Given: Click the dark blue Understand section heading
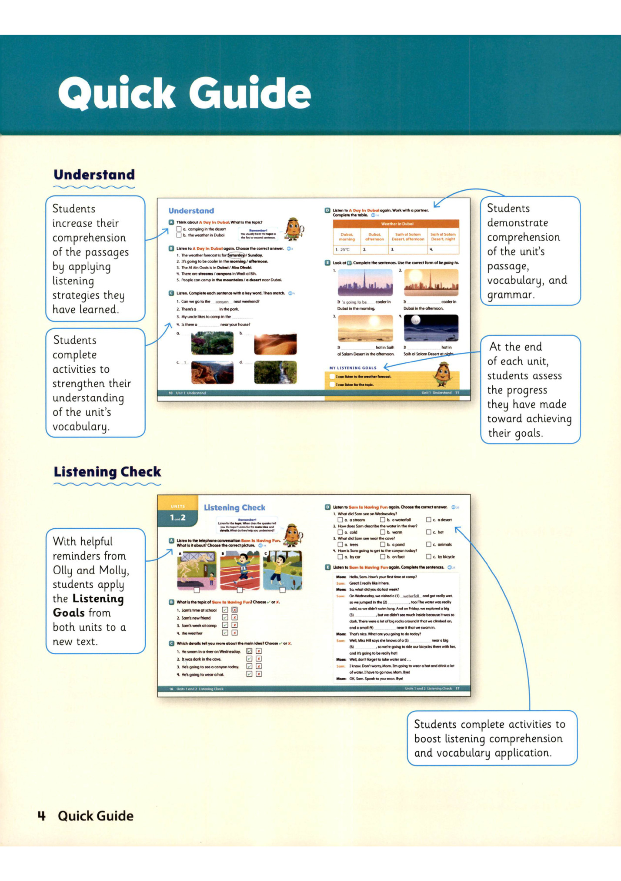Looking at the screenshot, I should [94, 175].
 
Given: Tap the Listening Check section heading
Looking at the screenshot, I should [107, 472].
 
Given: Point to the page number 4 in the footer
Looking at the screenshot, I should [42, 816].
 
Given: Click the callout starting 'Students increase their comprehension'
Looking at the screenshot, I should [95, 258].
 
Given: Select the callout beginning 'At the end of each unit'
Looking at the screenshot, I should [530, 389].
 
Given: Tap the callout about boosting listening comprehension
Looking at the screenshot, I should [492, 738].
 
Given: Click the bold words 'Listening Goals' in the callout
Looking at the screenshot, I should [88, 606].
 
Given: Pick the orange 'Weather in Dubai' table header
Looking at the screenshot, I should [396, 224].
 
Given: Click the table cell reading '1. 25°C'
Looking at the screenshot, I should [346, 250].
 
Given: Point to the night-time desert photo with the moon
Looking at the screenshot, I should [431, 328].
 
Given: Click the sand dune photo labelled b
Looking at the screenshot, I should [275, 344].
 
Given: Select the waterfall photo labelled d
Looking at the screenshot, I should [275, 372].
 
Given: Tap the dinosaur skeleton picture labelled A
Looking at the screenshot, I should [197, 570].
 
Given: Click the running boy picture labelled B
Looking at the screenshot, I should [240, 570].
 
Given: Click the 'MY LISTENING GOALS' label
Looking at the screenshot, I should [353, 368].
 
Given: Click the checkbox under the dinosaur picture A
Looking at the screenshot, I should [197, 590].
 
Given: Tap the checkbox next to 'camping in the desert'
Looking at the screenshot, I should [179, 229].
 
